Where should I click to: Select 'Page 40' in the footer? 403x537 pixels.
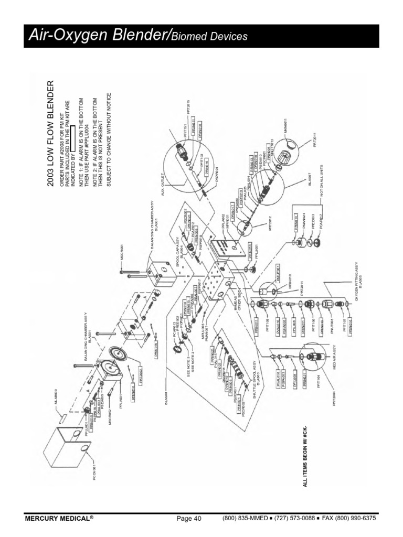(x=189, y=519)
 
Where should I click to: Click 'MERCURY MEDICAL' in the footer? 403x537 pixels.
(x=59, y=519)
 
